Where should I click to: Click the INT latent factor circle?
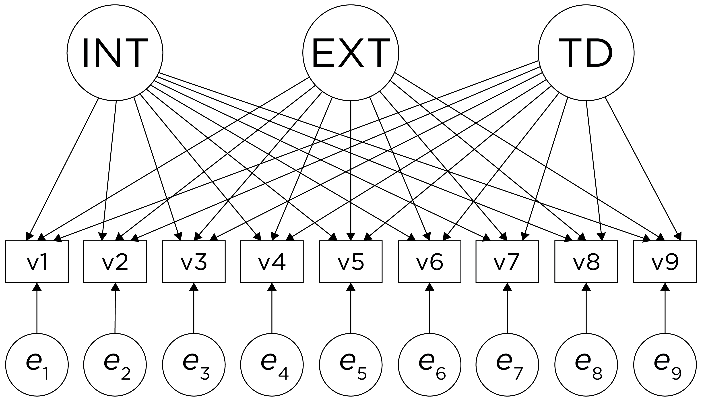point(115,53)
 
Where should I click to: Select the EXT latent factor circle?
point(351,53)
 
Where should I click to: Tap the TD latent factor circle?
point(586,53)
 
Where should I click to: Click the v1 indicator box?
point(37,262)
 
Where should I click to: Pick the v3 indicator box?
point(194,262)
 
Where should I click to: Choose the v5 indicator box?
point(351,262)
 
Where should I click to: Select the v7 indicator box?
point(507,262)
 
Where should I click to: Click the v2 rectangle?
point(115,262)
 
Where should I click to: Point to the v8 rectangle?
point(586,262)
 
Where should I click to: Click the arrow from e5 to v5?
point(351,308)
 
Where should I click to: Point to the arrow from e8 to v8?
point(586,308)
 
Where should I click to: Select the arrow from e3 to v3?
point(194,308)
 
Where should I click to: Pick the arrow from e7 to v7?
point(507,308)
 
